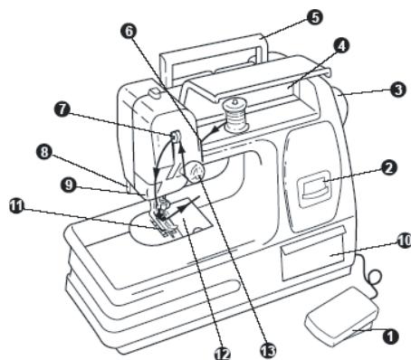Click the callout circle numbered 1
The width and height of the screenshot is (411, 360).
(390, 336)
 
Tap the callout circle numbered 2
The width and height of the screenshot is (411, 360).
(388, 167)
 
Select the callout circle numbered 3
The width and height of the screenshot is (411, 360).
(397, 90)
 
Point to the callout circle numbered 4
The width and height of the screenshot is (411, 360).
(341, 46)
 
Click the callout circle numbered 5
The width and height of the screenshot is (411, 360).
(315, 17)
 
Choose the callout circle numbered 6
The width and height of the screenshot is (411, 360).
(129, 31)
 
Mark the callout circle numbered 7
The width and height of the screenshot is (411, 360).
(62, 109)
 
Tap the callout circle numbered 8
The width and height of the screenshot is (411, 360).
(44, 152)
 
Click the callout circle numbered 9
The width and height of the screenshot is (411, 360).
(69, 185)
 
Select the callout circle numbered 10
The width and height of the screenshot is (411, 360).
(404, 241)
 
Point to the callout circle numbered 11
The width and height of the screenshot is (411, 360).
(17, 206)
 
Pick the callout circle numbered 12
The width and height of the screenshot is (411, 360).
(223, 352)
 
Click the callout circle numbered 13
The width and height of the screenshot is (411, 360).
(268, 350)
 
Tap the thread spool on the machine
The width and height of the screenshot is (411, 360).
(234, 116)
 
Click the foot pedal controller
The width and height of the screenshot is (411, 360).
(342, 317)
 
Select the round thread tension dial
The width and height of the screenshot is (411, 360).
(195, 172)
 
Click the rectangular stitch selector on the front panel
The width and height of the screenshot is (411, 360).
(314, 189)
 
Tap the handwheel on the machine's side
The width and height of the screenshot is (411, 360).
(341, 104)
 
